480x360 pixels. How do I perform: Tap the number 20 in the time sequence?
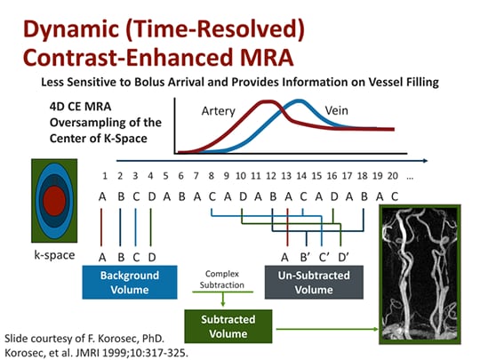click(x=394, y=176)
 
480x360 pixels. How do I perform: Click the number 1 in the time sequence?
click(x=105, y=176)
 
